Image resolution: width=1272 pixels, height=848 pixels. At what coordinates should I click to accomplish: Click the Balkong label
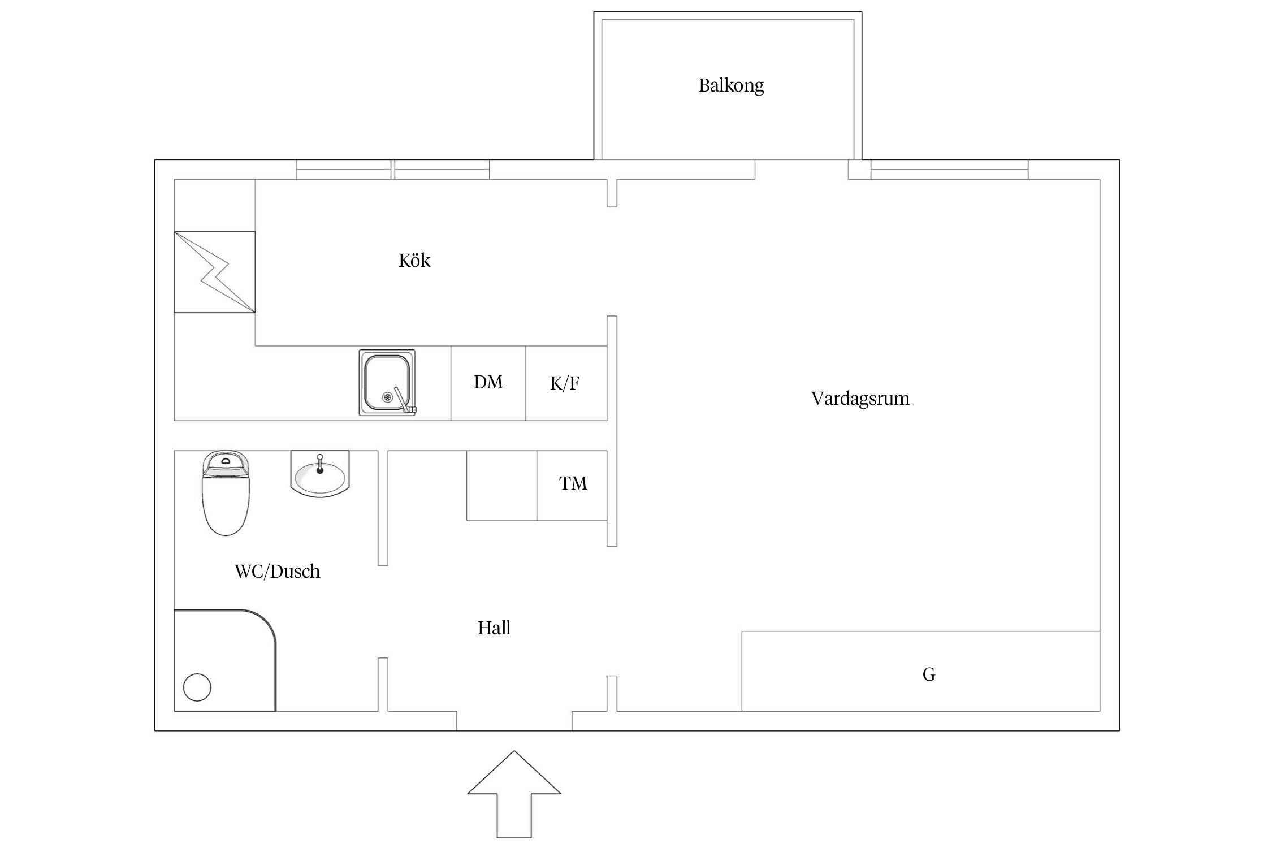click(731, 85)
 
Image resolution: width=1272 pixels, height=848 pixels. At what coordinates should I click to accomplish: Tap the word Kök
click(414, 261)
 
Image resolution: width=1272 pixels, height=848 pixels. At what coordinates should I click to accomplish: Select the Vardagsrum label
click(860, 399)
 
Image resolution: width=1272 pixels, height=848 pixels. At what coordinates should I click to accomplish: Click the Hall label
click(494, 628)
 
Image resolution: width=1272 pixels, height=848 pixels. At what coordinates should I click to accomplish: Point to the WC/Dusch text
click(277, 572)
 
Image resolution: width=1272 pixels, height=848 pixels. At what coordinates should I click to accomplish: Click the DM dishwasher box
click(488, 383)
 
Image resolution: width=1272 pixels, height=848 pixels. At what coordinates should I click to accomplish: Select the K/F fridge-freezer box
click(565, 383)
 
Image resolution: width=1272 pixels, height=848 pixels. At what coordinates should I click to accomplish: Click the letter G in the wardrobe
click(929, 674)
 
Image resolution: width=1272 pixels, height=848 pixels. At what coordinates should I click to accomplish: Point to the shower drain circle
click(197, 687)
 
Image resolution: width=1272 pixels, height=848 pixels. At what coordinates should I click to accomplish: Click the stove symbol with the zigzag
click(215, 272)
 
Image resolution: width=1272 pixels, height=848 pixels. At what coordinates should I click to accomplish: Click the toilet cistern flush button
click(226, 461)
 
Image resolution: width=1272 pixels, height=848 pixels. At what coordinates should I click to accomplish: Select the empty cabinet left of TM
click(501, 485)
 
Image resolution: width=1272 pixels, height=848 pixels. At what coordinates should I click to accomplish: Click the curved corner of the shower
click(266, 621)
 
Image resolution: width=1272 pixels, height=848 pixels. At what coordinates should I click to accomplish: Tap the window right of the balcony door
click(949, 170)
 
